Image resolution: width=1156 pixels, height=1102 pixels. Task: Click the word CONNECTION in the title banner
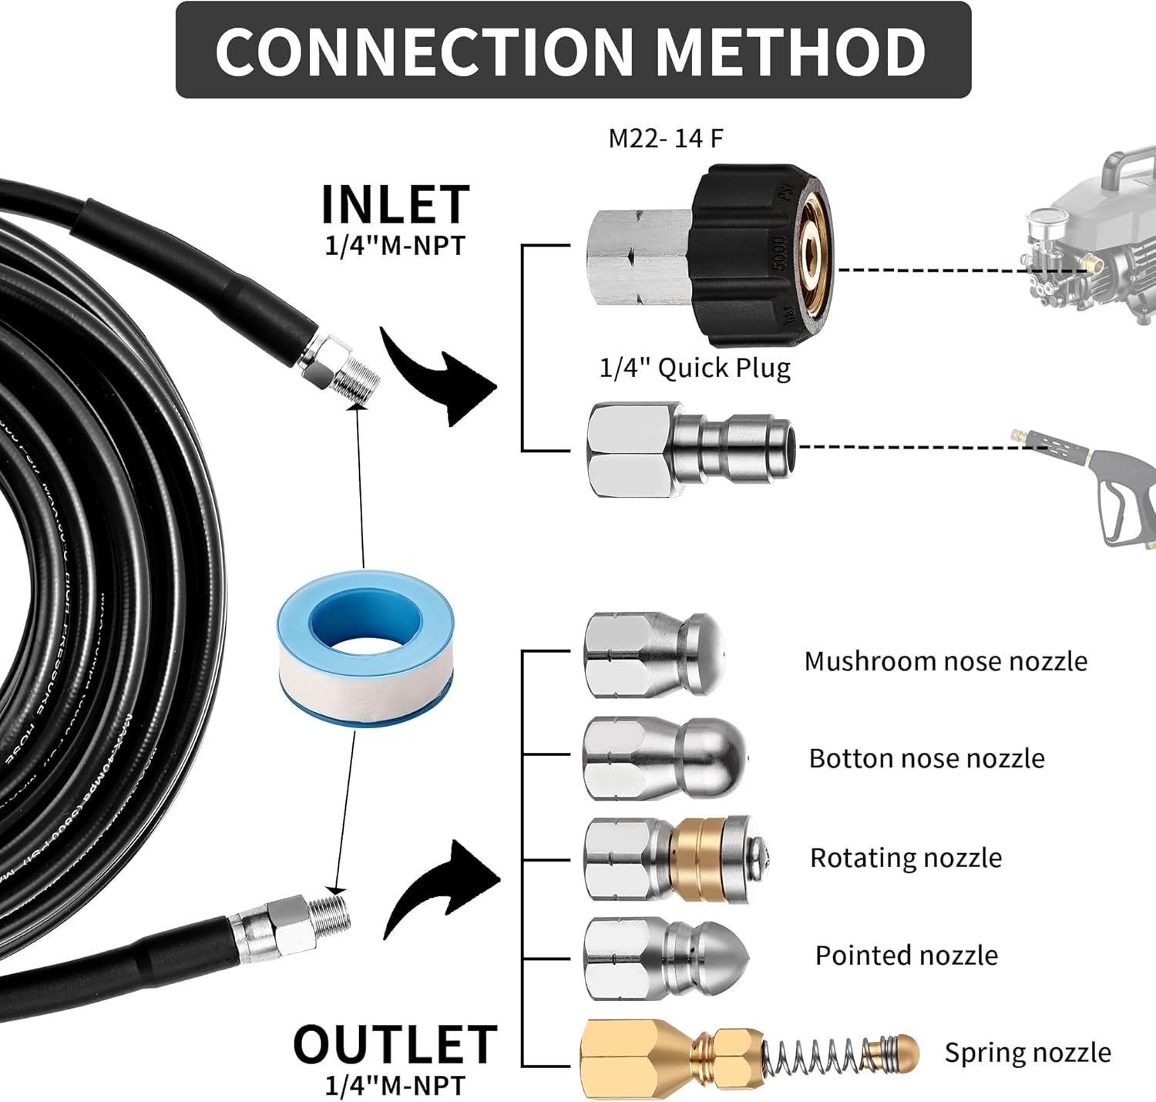[x=423, y=51]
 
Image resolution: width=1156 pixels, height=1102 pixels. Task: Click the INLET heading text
[x=395, y=205]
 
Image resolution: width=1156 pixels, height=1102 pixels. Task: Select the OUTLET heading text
[x=395, y=1045]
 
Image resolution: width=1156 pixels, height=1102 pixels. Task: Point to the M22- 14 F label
[x=666, y=139]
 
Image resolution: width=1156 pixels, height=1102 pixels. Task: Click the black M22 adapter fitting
[x=759, y=254]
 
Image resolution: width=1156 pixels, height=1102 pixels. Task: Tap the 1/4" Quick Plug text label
[x=694, y=368]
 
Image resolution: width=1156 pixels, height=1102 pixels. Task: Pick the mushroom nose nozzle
[x=654, y=655]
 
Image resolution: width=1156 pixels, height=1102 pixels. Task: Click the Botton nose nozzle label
[x=926, y=758]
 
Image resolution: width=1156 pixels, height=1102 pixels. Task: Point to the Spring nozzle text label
[x=1027, y=1053]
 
